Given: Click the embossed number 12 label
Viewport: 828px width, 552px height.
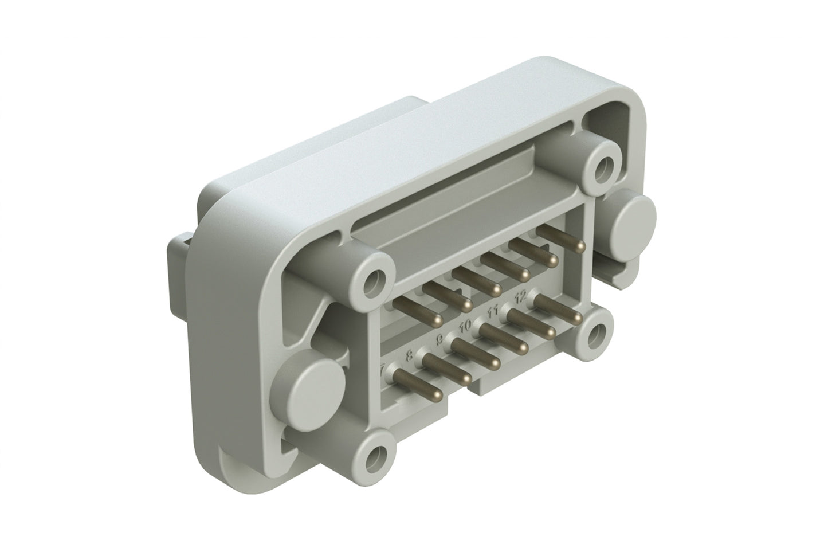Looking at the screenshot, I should [x=520, y=297].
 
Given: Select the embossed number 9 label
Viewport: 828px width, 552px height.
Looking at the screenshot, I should [x=439, y=339].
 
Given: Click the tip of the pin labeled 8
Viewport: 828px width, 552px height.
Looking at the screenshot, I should [x=467, y=378].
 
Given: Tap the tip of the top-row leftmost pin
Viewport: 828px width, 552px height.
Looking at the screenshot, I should [x=438, y=318].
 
